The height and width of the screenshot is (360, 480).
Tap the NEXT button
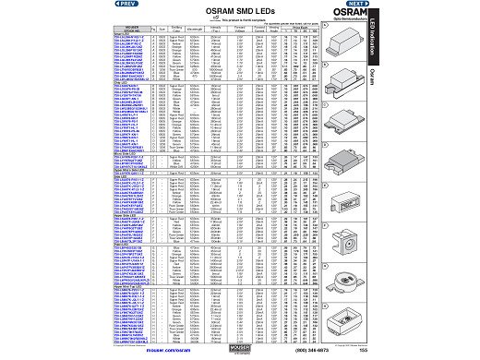356,4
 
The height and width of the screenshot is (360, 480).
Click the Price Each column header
343,27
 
